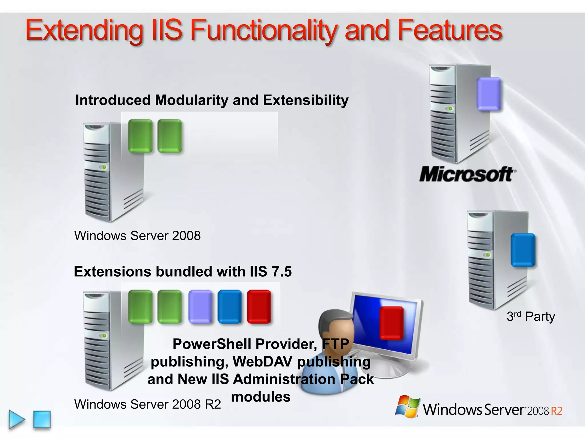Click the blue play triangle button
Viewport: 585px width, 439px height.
click(x=17, y=419)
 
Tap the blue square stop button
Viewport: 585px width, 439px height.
click(x=42, y=419)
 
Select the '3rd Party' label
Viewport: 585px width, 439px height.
click(x=531, y=317)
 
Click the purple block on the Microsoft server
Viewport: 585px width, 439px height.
click(x=489, y=94)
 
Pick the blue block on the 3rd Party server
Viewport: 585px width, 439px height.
click(x=523, y=250)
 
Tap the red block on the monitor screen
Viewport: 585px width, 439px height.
click(x=391, y=323)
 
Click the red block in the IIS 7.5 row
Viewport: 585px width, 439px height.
click(x=259, y=307)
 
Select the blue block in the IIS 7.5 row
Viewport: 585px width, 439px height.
click(x=229, y=307)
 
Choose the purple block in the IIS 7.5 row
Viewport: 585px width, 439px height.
click(x=200, y=307)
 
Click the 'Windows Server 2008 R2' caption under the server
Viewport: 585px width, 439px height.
click(x=147, y=404)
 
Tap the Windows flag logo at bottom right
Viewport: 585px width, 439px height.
click(x=407, y=406)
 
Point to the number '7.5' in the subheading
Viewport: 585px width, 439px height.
click(x=282, y=272)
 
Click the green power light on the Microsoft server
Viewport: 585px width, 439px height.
click(x=450, y=109)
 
